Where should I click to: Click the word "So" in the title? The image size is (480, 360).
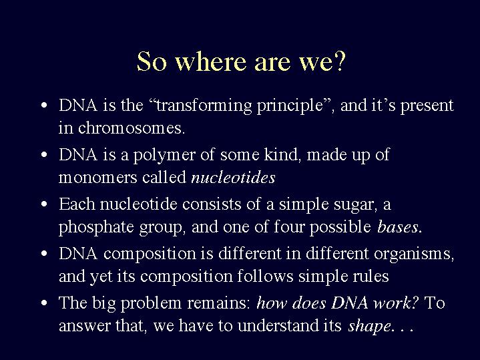[152, 61]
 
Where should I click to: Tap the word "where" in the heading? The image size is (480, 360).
[211, 61]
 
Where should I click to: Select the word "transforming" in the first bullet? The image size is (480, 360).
[204, 106]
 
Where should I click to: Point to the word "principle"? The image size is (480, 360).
[290, 106]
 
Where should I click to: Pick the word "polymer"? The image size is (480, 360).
[164, 155]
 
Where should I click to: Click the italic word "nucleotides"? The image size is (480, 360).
[233, 178]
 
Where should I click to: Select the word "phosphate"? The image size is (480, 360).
[96, 228]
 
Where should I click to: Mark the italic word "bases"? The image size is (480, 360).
[398, 227]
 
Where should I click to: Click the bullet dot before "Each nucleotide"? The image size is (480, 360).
[44, 204]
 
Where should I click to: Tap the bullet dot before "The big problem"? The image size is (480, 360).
[44, 303]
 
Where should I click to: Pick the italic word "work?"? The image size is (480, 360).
[396, 303]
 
